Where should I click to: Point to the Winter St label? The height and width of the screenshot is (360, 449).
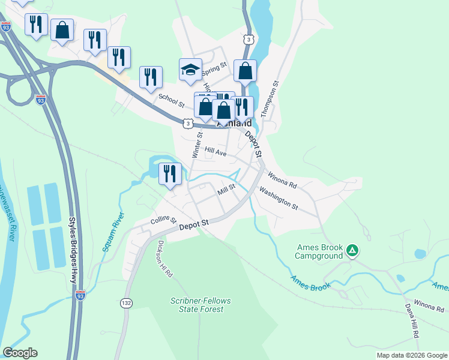196,146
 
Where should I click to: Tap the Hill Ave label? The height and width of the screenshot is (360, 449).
215,152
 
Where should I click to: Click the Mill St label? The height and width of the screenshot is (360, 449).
226,188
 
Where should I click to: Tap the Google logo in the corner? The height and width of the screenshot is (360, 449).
20,353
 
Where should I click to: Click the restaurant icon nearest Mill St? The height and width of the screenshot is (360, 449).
170,173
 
